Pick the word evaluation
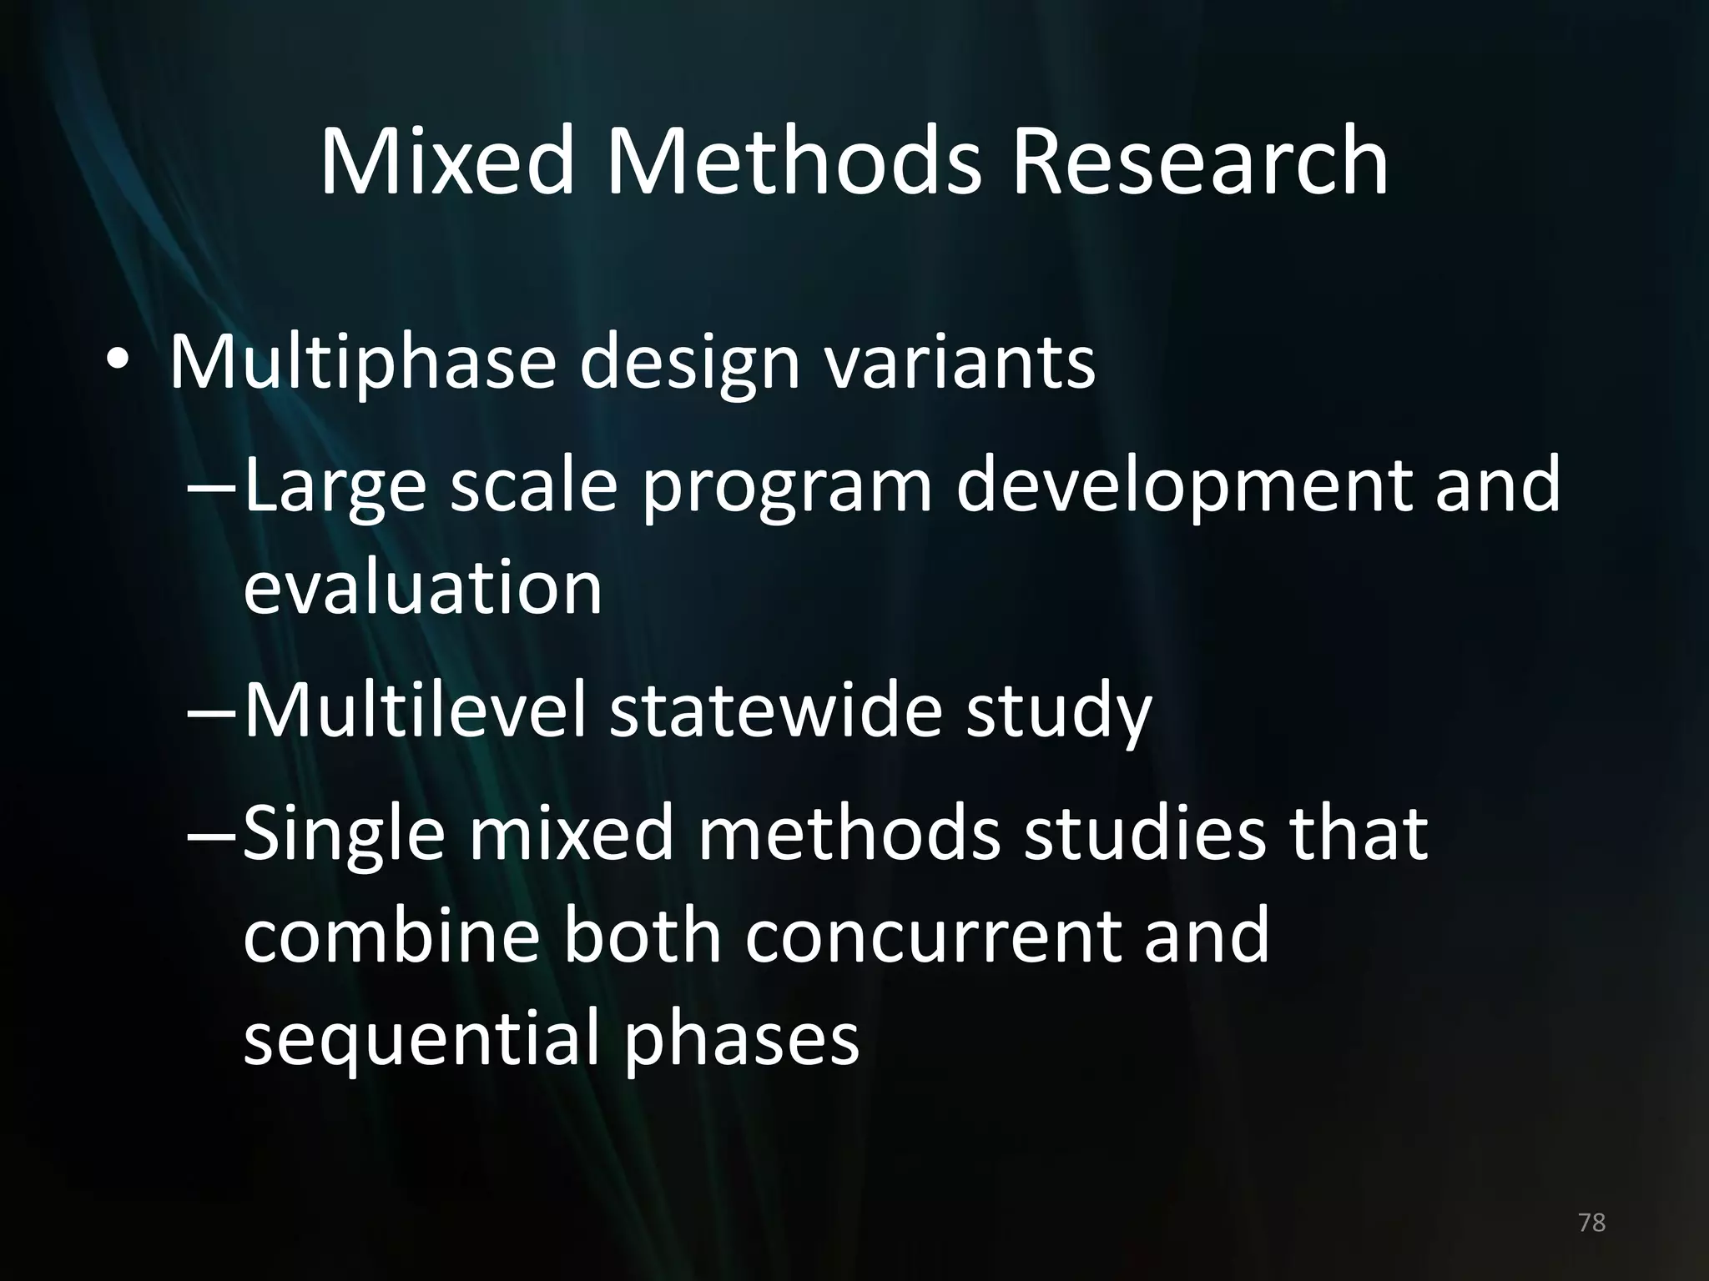[422, 588]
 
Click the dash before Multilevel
[212, 714]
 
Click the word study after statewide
[1058, 716]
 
